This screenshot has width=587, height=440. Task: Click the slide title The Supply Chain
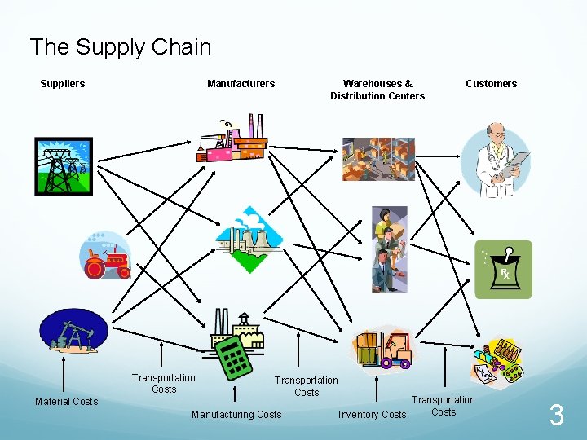click(x=120, y=47)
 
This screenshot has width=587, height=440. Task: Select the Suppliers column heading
click(x=63, y=84)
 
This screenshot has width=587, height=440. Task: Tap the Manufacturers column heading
click(x=241, y=84)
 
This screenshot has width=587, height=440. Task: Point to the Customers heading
click(x=491, y=84)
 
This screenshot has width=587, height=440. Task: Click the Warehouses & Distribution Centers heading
click(x=377, y=90)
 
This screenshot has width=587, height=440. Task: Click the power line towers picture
click(x=64, y=166)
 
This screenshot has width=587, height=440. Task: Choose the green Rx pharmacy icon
click(x=504, y=269)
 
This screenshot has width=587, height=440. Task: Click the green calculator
click(x=232, y=357)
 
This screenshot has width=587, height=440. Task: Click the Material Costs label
click(x=66, y=402)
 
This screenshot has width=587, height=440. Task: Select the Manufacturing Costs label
click(x=236, y=415)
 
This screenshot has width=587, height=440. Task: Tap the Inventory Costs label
click(x=372, y=415)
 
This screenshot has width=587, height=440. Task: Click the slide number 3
click(x=556, y=416)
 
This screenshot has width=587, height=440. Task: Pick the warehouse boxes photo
click(x=378, y=159)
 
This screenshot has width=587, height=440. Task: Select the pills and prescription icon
click(x=498, y=360)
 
